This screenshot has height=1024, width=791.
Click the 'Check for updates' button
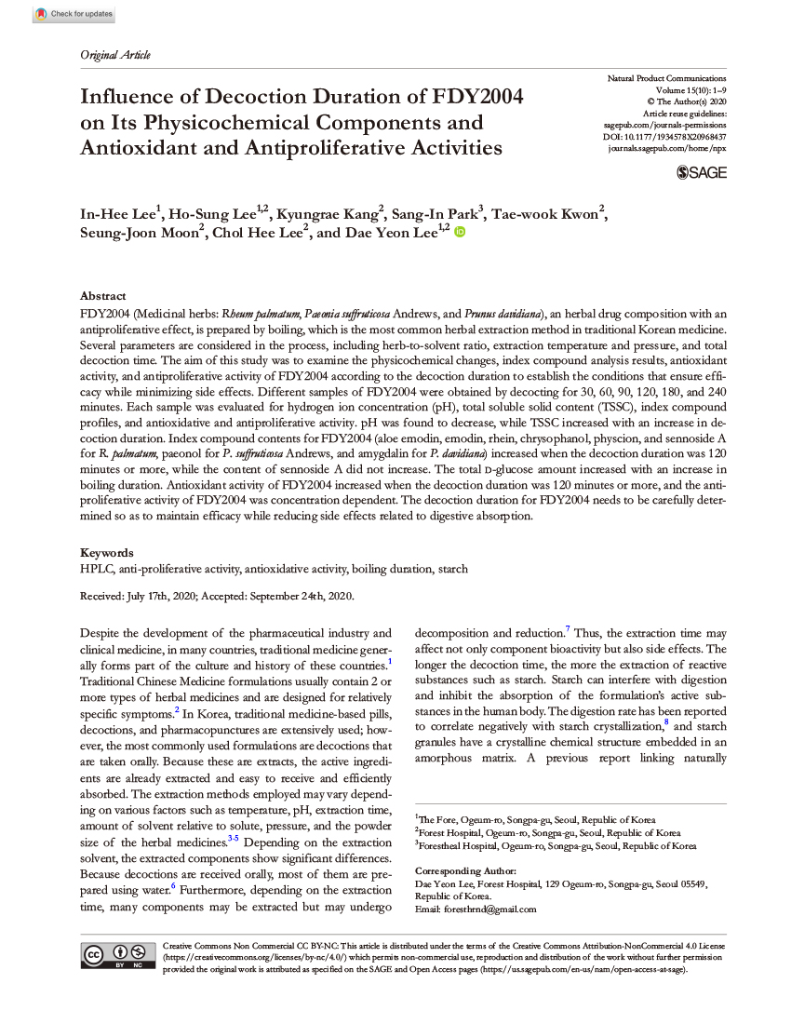74,14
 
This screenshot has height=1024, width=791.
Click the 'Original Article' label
115,55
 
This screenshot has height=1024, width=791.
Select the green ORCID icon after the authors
459,233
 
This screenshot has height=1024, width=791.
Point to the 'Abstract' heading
102,295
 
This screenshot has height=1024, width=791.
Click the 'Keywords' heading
106,552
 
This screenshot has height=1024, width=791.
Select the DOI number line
665,137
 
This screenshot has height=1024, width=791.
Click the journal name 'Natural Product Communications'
666,78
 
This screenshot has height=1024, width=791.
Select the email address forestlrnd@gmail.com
491,909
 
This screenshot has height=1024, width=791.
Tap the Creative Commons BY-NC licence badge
117,956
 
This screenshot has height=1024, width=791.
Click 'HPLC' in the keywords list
94,569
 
